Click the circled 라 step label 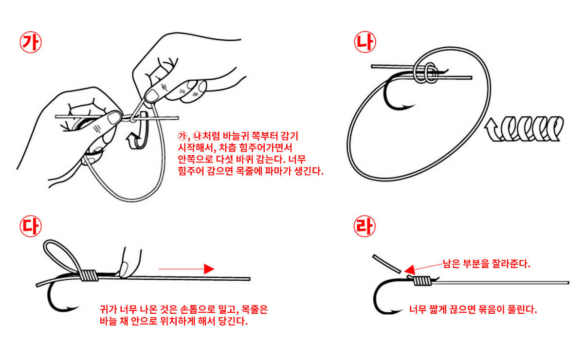[x=365, y=227]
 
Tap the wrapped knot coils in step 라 [x=421, y=281]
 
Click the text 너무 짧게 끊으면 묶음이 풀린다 [x=473, y=309]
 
